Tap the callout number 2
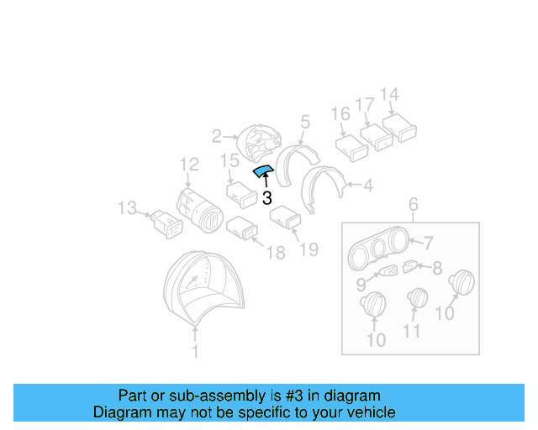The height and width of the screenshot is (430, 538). click(216, 135)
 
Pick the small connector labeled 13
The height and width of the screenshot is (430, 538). click(165, 222)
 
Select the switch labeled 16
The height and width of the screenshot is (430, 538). click(351, 147)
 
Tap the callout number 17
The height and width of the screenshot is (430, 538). click(364, 105)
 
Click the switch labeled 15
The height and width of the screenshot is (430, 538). click(240, 194)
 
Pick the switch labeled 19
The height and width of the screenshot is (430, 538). click(284, 218)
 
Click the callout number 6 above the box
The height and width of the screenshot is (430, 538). click(412, 204)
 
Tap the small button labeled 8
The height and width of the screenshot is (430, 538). click(409, 267)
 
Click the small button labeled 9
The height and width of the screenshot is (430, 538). click(389, 272)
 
